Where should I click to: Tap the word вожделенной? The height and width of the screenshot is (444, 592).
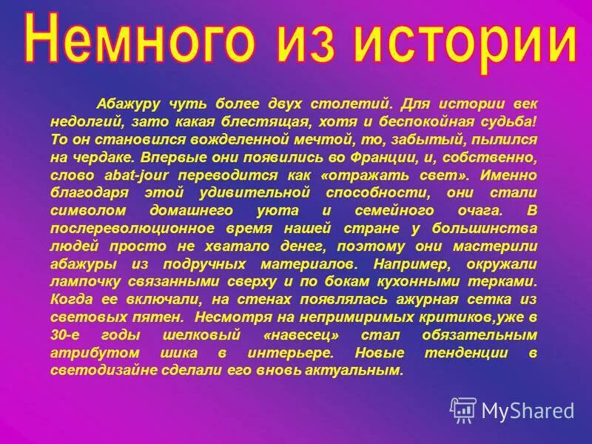(251, 138)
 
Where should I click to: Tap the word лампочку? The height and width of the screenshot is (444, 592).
(81, 282)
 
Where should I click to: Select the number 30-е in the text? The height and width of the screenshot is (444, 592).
(69, 335)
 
